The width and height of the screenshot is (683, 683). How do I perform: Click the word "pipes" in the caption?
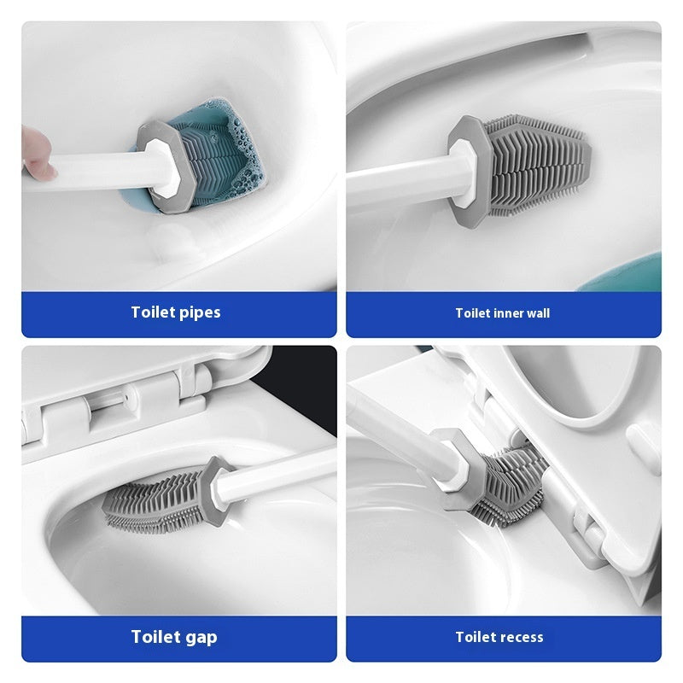200,312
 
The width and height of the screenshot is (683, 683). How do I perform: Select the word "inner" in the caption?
511,313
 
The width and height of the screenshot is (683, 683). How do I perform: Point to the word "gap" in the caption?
200,637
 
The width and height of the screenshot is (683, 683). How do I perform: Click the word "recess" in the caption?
520,637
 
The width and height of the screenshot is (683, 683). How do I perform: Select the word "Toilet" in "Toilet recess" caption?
475,637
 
